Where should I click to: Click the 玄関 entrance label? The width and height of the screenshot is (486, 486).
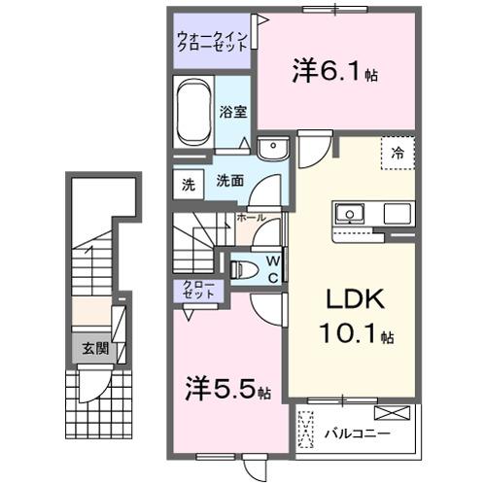pyautogui.click(x=94, y=348)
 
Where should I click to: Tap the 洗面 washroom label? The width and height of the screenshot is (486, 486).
pyautogui.click(x=229, y=180)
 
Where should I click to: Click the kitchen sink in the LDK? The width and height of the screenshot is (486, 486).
pyautogui.click(x=348, y=213)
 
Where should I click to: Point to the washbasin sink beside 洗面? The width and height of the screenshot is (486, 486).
pyautogui.click(x=274, y=148)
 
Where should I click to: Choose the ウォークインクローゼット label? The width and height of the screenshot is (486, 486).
pyautogui.click(x=213, y=43)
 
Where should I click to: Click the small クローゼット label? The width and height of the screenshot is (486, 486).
pyautogui.click(x=198, y=289)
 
